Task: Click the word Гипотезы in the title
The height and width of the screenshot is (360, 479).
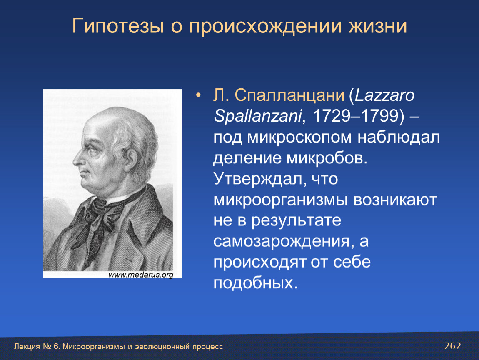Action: pos(118,26)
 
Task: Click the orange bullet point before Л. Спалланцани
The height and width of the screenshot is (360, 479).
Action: pos(199,95)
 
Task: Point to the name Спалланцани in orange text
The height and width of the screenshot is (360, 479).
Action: pos(289,96)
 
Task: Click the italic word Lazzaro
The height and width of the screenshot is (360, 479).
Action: pos(384,95)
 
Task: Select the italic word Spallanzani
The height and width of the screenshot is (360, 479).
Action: pos(258,116)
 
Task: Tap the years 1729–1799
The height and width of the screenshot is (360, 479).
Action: pos(356,116)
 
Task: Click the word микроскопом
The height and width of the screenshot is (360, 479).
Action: pos(299,137)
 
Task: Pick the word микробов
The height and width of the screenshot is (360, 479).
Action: pos(327,158)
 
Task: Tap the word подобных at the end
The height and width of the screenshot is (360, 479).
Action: pos(255,282)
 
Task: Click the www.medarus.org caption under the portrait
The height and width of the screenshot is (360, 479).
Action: pos(141,275)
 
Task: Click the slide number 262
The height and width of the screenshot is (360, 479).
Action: pos(452,346)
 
